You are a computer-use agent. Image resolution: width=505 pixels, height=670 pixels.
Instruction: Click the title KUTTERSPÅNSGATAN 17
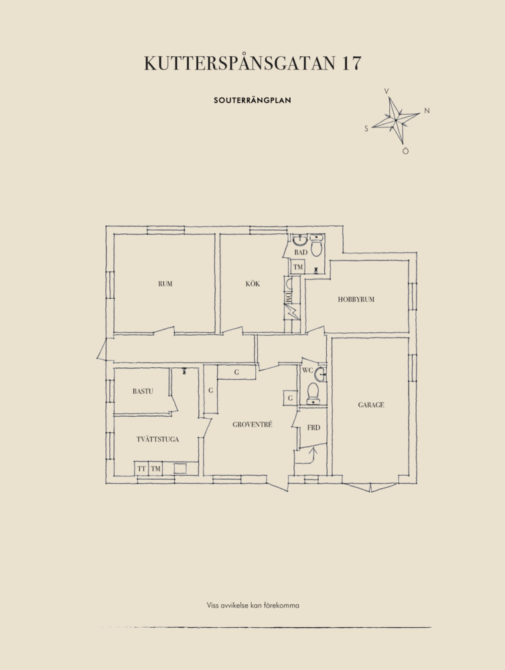(x=252, y=62)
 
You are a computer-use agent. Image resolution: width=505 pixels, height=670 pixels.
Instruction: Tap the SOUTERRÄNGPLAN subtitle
(x=252, y=100)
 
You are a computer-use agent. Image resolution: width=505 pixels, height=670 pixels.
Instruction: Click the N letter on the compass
(x=427, y=111)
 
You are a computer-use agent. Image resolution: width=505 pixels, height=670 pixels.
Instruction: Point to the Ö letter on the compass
(x=405, y=151)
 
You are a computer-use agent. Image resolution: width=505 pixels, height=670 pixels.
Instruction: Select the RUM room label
(x=165, y=283)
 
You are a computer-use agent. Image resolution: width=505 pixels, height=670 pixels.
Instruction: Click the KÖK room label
(x=252, y=283)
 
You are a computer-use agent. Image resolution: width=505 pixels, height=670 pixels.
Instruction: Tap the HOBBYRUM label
(x=356, y=299)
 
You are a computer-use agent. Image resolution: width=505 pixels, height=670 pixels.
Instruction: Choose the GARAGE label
(x=371, y=405)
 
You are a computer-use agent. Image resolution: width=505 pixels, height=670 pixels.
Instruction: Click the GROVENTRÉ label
(x=252, y=424)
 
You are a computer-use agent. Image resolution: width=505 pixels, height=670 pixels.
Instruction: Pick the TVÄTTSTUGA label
(x=157, y=439)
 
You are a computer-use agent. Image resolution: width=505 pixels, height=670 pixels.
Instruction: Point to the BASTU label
(x=143, y=391)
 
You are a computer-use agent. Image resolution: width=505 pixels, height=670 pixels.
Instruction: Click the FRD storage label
(x=313, y=427)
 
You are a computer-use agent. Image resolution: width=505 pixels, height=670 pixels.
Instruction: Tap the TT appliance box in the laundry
(x=141, y=469)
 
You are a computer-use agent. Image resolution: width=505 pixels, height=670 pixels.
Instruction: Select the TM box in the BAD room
(x=298, y=267)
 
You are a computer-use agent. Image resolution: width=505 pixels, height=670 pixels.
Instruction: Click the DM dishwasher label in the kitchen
(x=289, y=297)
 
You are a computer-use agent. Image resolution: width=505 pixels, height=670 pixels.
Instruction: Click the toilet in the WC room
(x=313, y=393)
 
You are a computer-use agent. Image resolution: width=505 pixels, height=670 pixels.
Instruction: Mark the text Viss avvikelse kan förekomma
(x=253, y=605)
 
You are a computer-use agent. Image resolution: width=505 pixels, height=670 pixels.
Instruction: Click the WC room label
(x=307, y=370)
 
